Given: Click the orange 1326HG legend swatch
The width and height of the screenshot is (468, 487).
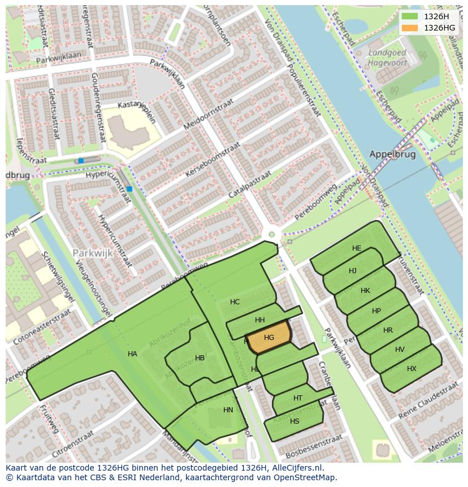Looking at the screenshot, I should pyautogui.click(x=411, y=27).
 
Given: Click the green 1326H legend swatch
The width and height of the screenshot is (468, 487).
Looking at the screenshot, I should pyautogui.click(x=411, y=16).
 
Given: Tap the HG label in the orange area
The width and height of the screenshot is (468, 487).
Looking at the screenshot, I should pyautogui.click(x=269, y=338).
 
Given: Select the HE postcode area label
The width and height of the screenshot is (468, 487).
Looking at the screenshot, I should pyautogui.click(x=357, y=248).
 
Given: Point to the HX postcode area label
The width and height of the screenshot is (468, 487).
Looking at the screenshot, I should pyautogui.click(x=411, y=369).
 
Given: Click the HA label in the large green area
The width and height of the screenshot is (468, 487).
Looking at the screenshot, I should pyautogui.click(x=132, y=354).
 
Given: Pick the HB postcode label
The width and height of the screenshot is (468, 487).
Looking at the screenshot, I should pyautogui.click(x=200, y=358).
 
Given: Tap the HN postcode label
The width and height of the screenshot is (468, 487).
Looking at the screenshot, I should pyautogui.click(x=228, y=410).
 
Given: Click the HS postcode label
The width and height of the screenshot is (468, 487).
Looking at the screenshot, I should pyautogui.click(x=294, y=421).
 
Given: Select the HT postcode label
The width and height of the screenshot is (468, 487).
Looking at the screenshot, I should pyautogui.click(x=298, y=398).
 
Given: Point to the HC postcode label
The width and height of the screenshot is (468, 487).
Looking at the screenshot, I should pyautogui.click(x=235, y=302).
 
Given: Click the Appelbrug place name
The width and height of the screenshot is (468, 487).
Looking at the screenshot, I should pyautogui.click(x=392, y=154).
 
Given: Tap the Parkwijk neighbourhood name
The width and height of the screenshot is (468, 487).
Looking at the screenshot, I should pyautogui.click(x=93, y=253).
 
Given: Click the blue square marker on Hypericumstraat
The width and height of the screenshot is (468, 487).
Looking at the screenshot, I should pyautogui.click(x=130, y=188).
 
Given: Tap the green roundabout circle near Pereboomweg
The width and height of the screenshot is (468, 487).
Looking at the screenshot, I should pyautogui.click(x=272, y=234).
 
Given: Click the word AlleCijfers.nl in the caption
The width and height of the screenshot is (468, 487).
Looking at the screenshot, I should pyautogui.click(x=296, y=468).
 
